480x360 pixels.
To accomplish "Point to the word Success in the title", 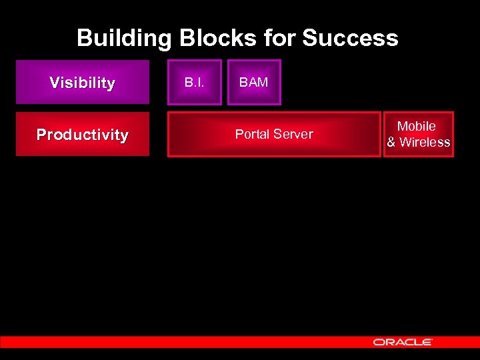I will [x=350, y=38].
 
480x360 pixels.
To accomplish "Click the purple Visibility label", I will [x=82, y=83].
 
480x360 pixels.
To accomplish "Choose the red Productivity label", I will [x=82, y=135].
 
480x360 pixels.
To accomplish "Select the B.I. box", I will [x=194, y=83].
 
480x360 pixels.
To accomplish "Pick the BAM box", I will [x=254, y=83].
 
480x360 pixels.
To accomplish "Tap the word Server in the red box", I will [x=295, y=134].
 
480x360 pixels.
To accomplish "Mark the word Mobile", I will [x=417, y=126].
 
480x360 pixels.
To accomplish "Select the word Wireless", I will [x=425, y=142].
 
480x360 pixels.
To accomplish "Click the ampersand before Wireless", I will [x=391, y=142].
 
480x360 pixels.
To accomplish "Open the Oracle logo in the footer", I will [x=403, y=341].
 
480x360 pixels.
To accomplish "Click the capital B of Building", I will [x=84, y=38].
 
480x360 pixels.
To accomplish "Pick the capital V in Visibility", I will [x=54, y=83].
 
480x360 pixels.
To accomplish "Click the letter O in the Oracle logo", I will [x=378, y=341].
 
